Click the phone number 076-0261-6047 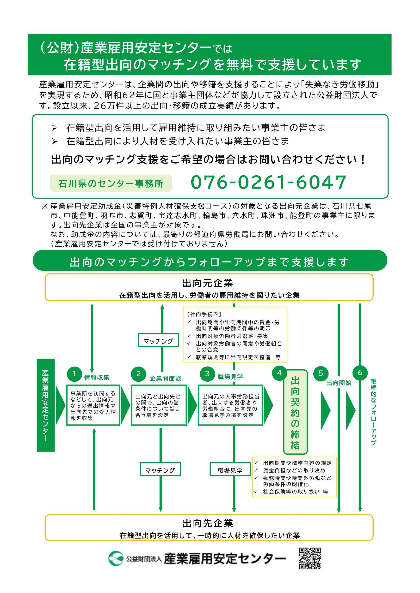pyautogui.click(x=268, y=182)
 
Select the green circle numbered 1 pyautogui.click(x=74, y=374)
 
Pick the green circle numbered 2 pyautogui.click(x=138, y=374)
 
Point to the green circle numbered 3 pyautogui.click(x=207, y=374)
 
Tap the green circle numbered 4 pyautogui.click(x=279, y=373)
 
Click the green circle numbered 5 pyautogui.click(x=321, y=374)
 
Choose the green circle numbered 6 pyautogui.click(x=360, y=373)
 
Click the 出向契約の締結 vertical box pyautogui.click(x=295, y=413)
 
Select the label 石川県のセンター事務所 pyautogui.click(x=111, y=183)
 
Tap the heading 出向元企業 pyautogui.click(x=208, y=283)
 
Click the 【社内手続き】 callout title pyautogui.click(x=204, y=314)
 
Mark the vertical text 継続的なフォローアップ pyautogui.click(x=373, y=412)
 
